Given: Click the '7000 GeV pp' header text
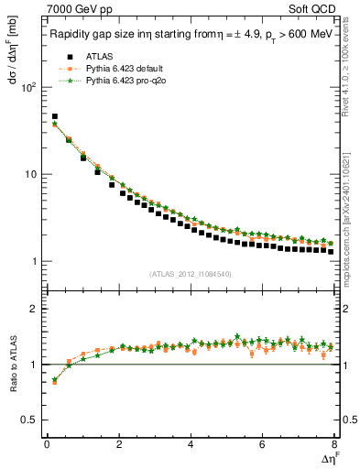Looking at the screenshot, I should (x=75, y=10).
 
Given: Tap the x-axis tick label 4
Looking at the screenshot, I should (x=190, y=445).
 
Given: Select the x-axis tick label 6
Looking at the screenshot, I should (x=262, y=445).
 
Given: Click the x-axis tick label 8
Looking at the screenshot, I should (x=333, y=445).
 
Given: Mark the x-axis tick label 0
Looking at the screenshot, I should (x=46, y=445).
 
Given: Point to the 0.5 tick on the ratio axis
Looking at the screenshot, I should (x=28, y=420).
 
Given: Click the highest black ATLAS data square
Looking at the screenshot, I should (x=54, y=117).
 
